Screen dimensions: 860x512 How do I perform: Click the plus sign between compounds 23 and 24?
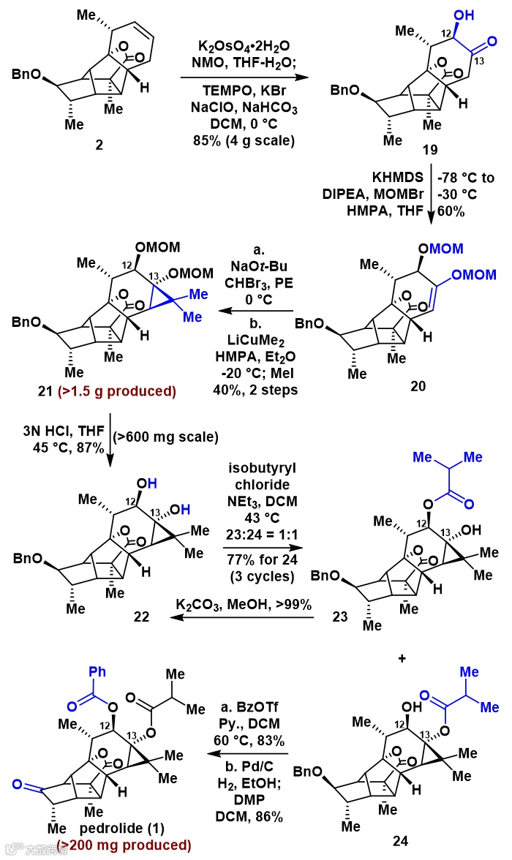point(401,657)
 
